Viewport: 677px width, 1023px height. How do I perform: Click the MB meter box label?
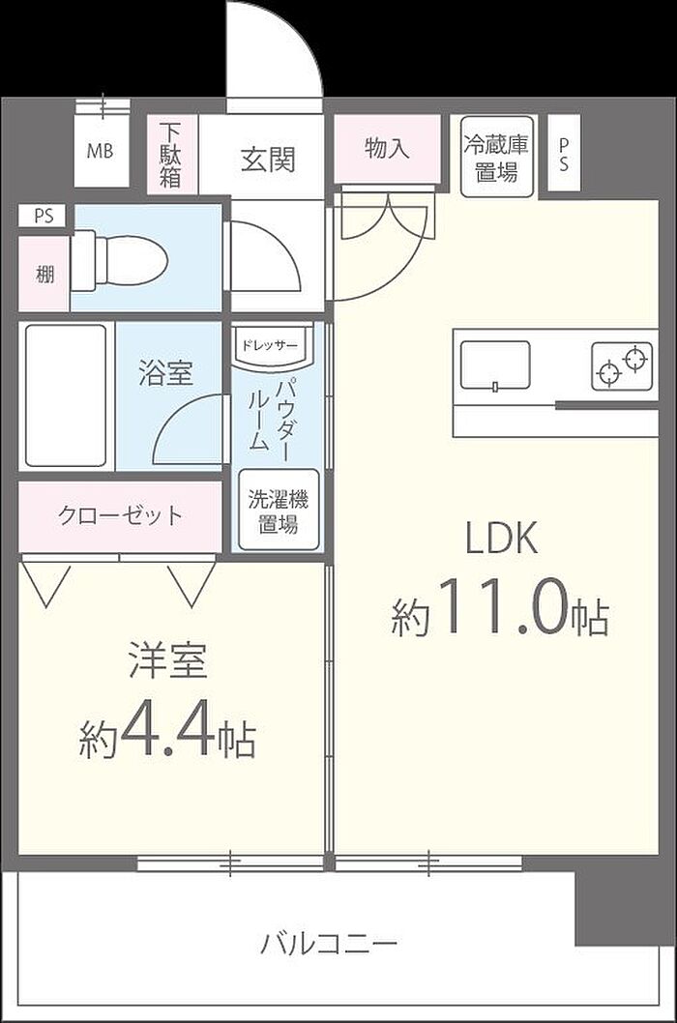pos(100,152)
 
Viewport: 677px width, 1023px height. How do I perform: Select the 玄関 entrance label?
pos(268,160)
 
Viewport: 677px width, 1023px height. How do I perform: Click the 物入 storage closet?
pos(387,150)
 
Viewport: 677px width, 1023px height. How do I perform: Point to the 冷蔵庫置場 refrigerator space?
pos(497,157)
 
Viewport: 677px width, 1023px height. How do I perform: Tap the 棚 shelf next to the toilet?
pos(44,274)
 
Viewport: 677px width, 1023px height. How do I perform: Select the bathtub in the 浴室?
pos(66,395)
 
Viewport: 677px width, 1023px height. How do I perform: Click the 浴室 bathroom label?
pos(165,372)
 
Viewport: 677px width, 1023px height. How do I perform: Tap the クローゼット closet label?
pos(120,515)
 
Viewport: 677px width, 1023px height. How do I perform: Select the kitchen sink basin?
pos(495,365)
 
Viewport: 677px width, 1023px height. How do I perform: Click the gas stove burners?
pos(622,366)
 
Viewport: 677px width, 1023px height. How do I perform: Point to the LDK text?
pos(501,540)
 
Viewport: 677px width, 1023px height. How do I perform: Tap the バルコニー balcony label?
pos(330,944)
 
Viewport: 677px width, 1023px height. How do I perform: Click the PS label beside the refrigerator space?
pos(564,155)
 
